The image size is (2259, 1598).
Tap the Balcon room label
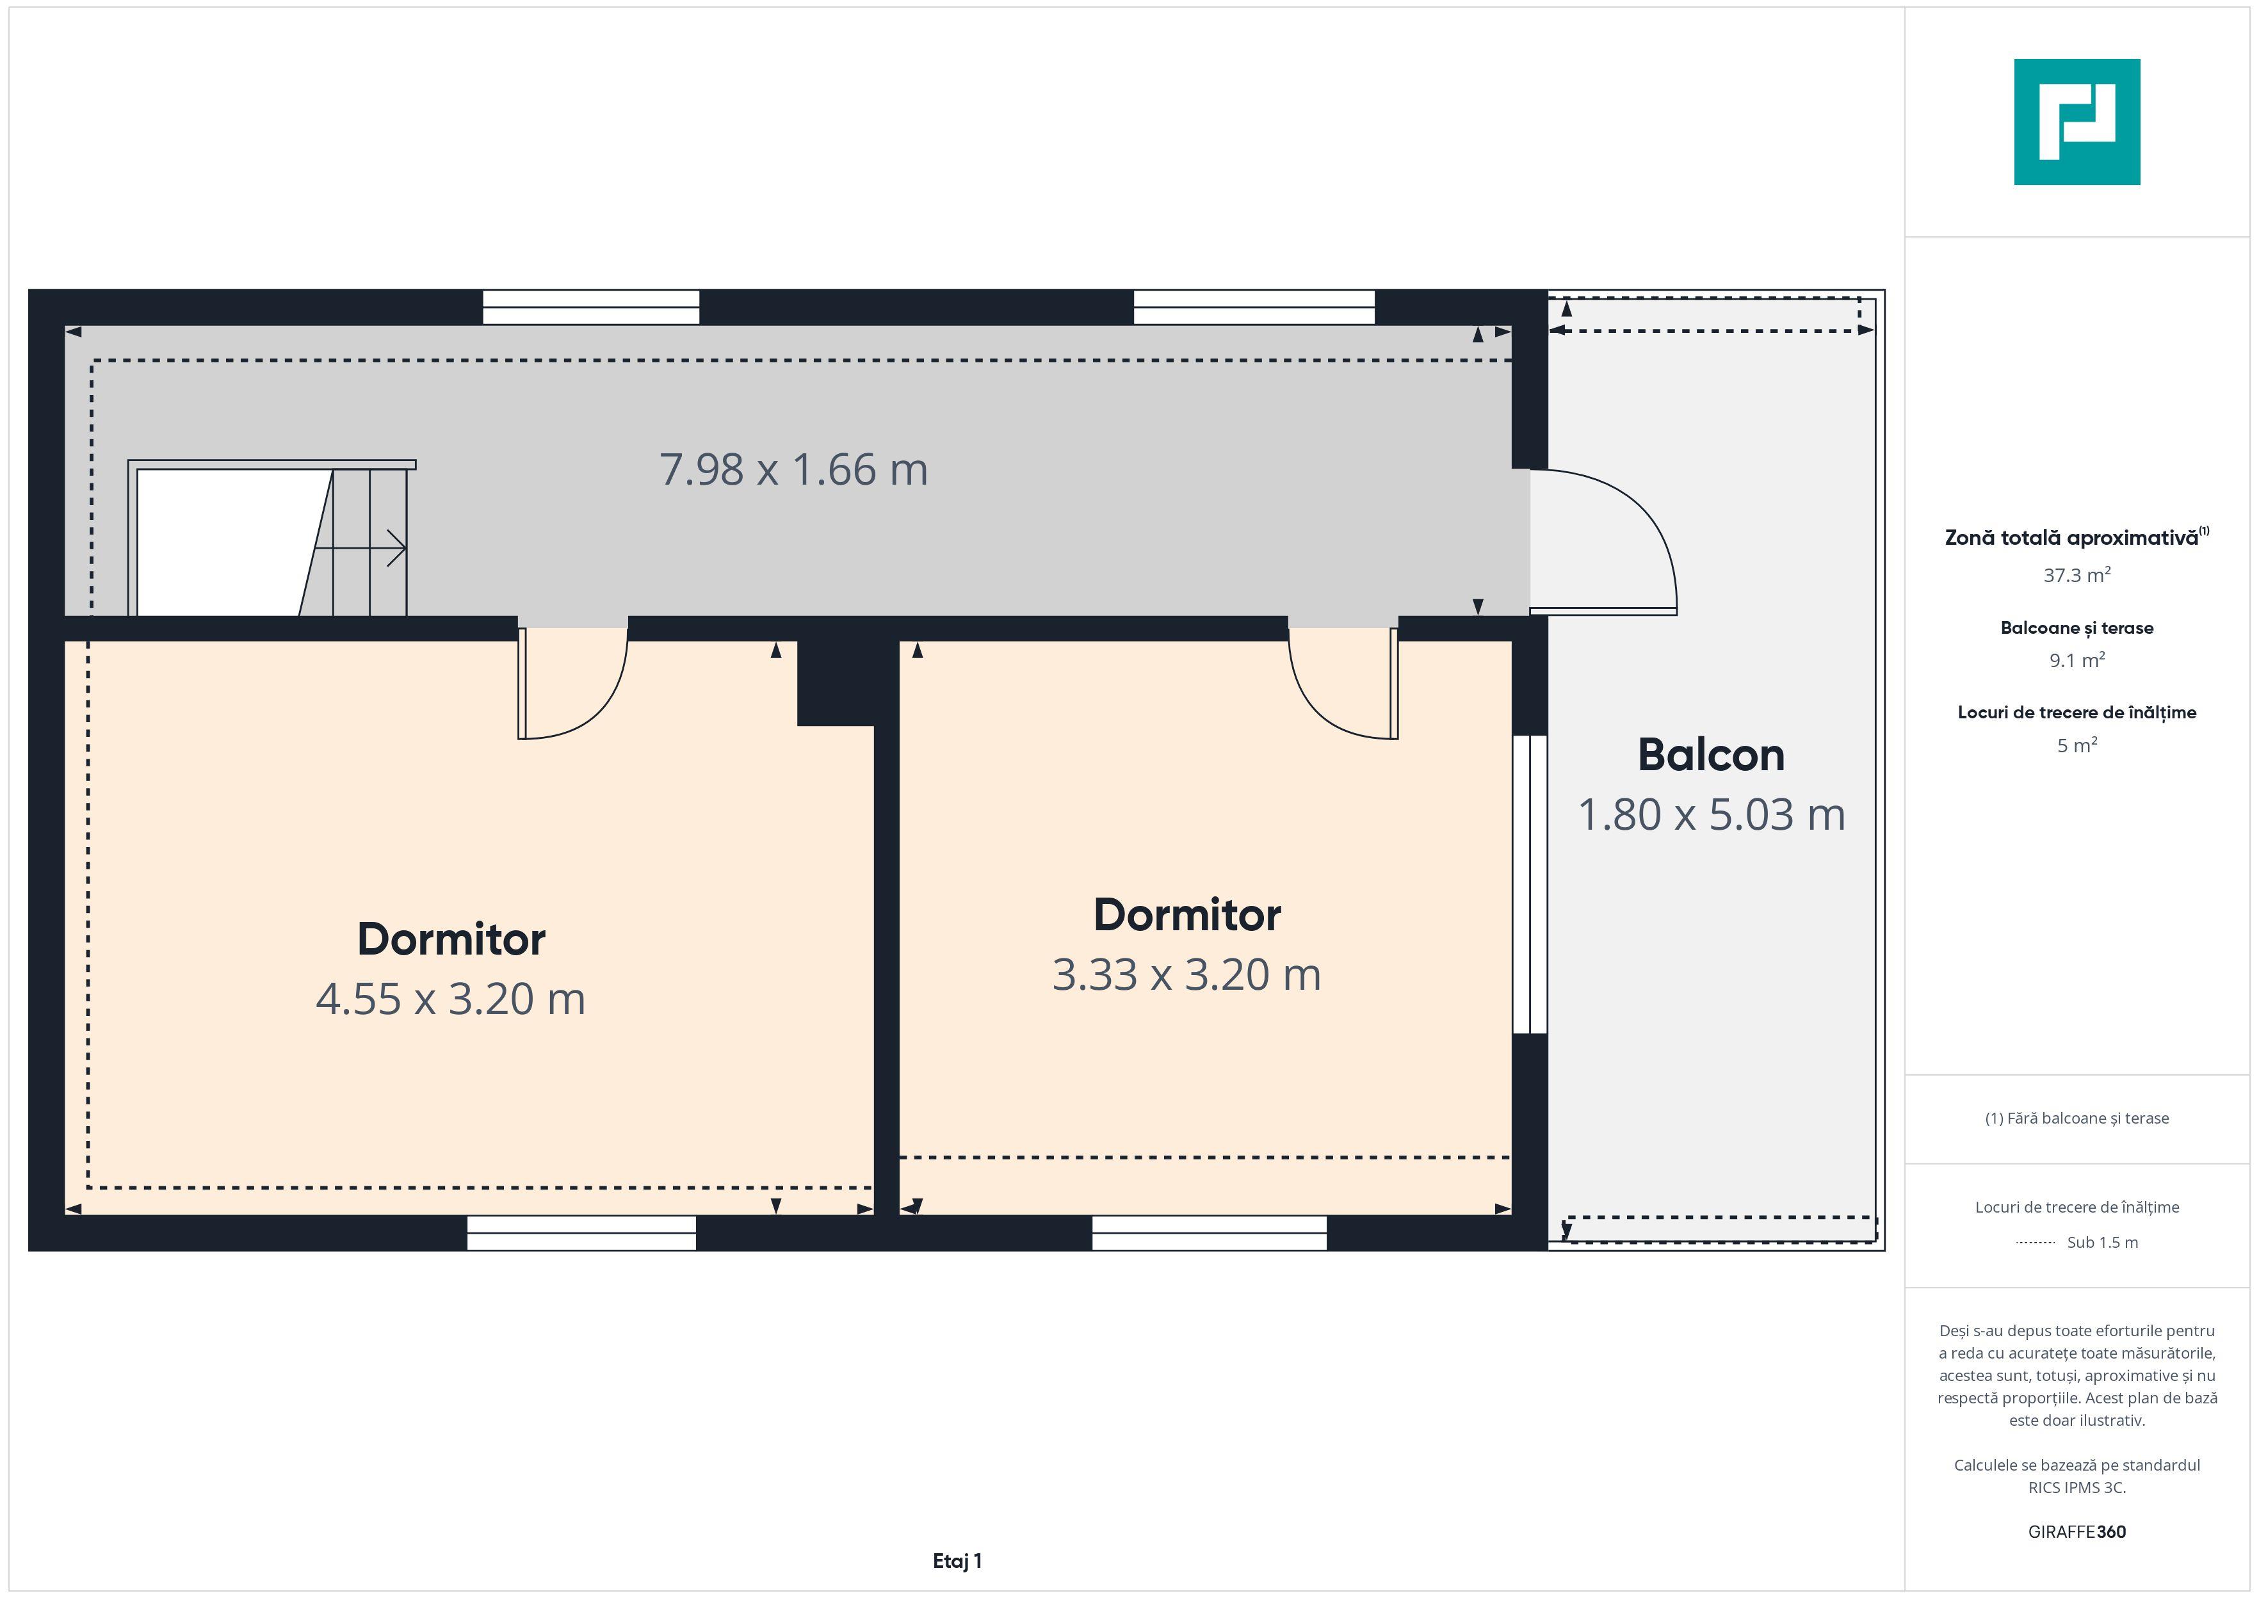[x=1711, y=755]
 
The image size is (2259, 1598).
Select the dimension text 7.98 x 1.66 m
[x=793, y=469]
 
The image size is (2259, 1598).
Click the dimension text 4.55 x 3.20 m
[x=451, y=999]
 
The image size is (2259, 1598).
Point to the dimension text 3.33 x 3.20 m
[x=1186, y=974]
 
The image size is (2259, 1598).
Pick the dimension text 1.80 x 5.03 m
[x=1711, y=815]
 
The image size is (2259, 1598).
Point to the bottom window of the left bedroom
[x=581, y=1233]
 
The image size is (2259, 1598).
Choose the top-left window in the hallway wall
[x=590, y=307]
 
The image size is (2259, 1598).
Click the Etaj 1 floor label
[x=957, y=1561]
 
